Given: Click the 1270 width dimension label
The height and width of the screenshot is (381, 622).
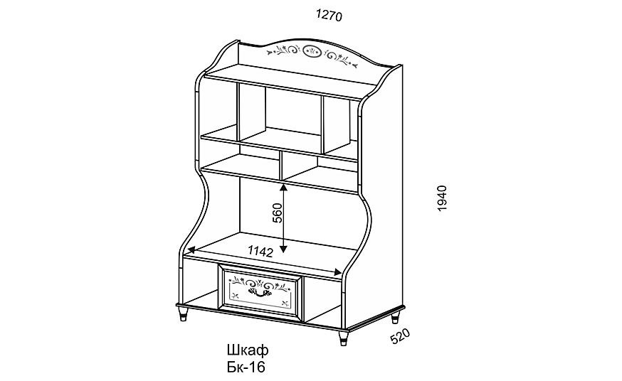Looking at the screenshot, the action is [x=329, y=16].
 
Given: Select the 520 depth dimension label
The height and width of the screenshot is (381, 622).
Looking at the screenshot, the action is [x=400, y=336].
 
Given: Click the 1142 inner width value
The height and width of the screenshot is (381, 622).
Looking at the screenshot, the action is [x=260, y=251].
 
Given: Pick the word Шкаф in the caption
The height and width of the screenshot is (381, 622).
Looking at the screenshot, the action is [x=248, y=350].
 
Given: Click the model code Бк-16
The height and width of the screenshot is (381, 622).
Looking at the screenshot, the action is [x=246, y=367].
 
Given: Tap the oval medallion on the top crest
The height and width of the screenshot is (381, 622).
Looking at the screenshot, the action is [x=312, y=51].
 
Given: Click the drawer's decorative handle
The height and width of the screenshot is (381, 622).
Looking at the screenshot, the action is [x=258, y=292].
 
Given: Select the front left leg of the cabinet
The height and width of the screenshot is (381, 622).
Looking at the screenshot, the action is [x=183, y=313].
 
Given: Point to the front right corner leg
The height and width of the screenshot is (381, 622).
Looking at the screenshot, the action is [x=344, y=338].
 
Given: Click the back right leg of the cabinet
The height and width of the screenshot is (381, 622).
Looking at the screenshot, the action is [x=395, y=317].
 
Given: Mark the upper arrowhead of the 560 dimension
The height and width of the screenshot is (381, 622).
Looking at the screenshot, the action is [x=283, y=189].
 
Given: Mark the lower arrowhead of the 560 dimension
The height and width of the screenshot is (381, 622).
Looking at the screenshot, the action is [x=283, y=248].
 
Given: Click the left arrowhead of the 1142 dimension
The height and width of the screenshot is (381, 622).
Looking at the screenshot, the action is [x=191, y=250].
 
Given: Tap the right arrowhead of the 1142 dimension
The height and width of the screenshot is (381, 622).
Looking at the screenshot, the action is [x=337, y=272].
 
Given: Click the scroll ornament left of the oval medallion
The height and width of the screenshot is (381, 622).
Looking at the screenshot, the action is [x=284, y=50].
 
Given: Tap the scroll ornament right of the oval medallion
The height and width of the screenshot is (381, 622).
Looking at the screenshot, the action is [x=340, y=58].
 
